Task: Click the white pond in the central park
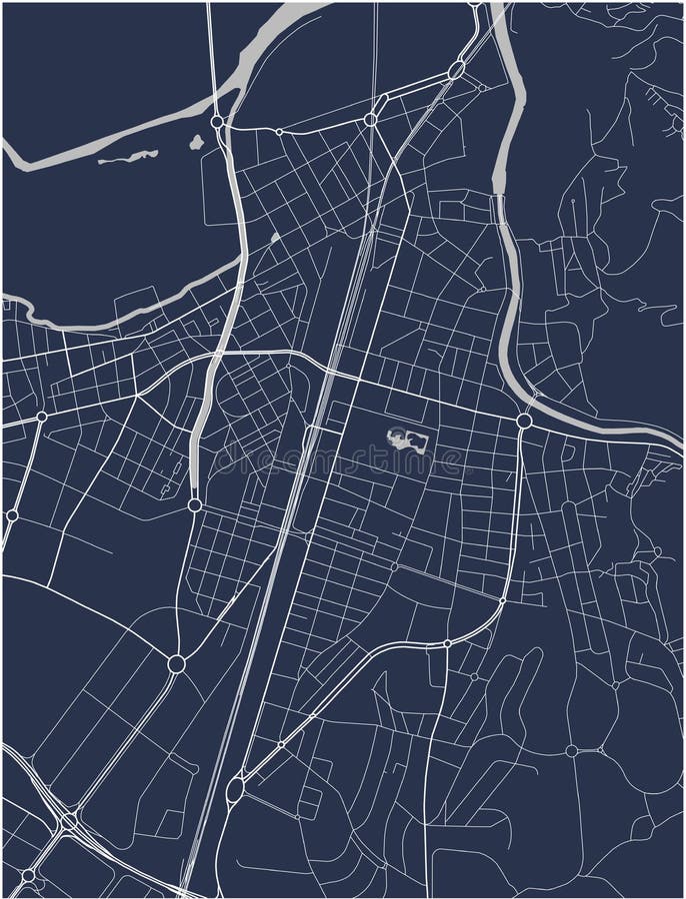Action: tap(408, 439)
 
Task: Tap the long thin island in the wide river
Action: tap(128, 157)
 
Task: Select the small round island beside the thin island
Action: tap(196, 143)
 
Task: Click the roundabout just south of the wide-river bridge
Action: tap(217, 122)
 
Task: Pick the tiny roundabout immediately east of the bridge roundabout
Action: tap(279, 131)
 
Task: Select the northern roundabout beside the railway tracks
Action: tap(370, 119)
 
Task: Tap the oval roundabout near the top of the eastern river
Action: tap(456, 70)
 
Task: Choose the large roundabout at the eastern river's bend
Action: tap(524, 422)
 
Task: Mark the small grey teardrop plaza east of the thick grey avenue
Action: tap(275, 238)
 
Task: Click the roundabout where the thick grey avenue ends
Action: tap(194, 505)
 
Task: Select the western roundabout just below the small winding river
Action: tap(41, 417)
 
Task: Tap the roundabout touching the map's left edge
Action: tap(12, 515)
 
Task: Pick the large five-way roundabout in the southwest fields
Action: tap(177, 663)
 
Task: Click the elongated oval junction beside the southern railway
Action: tap(235, 790)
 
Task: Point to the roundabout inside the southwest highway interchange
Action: tap(68, 821)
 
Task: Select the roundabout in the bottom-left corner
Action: tap(28, 875)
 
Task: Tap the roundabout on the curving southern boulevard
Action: tap(447, 643)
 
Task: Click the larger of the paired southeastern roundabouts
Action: tap(572, 750)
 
